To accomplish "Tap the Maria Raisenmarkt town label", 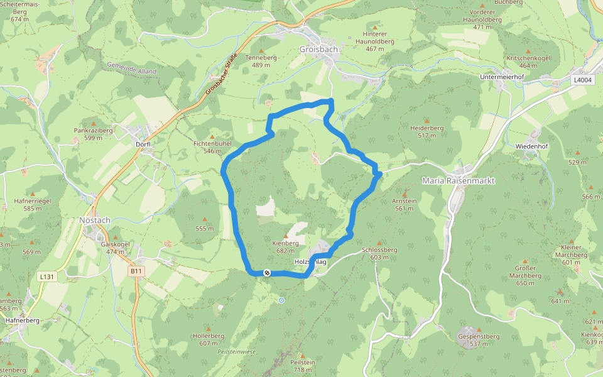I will pos(458,180).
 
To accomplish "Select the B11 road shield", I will pos(136,271).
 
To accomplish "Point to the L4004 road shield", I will pos(582,80).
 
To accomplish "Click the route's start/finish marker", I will pos(267,273).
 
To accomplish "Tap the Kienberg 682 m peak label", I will pos(286,246).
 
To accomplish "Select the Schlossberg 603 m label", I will pos(380,253).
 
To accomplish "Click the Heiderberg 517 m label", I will pos(426,131).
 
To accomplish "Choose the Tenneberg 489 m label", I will pos(264,61).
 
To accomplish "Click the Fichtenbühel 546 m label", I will pos(212,147).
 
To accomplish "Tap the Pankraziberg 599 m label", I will pos(93,134).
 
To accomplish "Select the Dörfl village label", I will pos(143,144).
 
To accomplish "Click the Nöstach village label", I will pos(95,220).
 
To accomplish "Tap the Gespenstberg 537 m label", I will pos(479,340).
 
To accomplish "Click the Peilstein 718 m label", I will pos(302,366).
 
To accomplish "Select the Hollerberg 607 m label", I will pos(209,339).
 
